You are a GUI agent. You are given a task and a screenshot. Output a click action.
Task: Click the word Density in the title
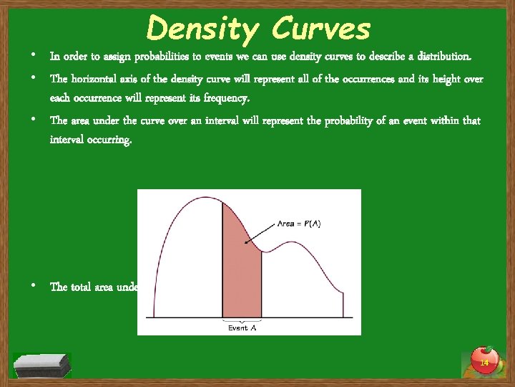[x=201, y=30]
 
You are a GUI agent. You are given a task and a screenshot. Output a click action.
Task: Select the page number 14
[x=484, y=364]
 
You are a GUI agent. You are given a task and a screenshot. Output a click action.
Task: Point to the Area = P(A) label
[x=299, y=224]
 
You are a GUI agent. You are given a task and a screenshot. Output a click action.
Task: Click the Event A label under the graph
[x=242, y=328]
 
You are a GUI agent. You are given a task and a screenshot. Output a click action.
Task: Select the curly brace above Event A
[x=242, y=320]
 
